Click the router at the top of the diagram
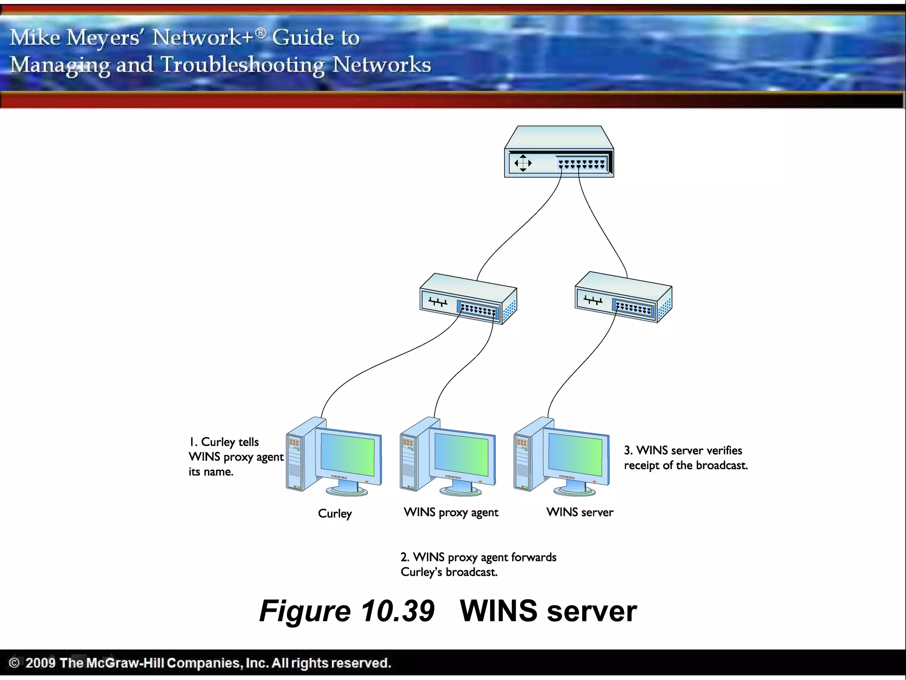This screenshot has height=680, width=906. click(559, 153)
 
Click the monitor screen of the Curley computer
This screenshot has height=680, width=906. click(347, 454)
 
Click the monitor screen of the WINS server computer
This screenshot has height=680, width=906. click(575, 454)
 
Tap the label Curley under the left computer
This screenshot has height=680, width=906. click(335, 514)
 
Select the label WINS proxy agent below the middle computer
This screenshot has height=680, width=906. click(451, 513)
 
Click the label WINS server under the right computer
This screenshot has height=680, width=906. click(580, 512)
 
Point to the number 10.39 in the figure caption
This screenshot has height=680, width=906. click(397, 611)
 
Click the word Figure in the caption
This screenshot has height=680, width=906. click(305, 611)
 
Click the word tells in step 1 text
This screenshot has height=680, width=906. click(248, 442)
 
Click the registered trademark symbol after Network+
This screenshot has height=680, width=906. click(261, 32)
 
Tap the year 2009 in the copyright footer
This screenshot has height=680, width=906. click(40, 663)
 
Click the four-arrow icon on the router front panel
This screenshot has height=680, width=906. click(523, 163)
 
